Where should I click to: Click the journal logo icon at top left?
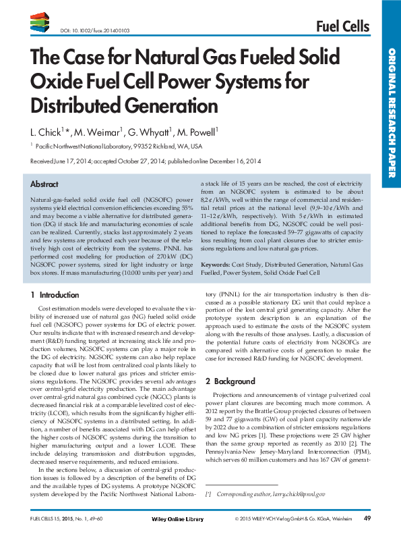click(39, 25)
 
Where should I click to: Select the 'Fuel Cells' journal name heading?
click(342, 26)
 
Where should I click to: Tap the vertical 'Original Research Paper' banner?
click(390, 115)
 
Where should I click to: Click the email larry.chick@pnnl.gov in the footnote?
click(297, 495)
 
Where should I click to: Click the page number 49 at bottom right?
click(367, 518)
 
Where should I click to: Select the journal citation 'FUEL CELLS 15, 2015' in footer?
click(58, 518)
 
